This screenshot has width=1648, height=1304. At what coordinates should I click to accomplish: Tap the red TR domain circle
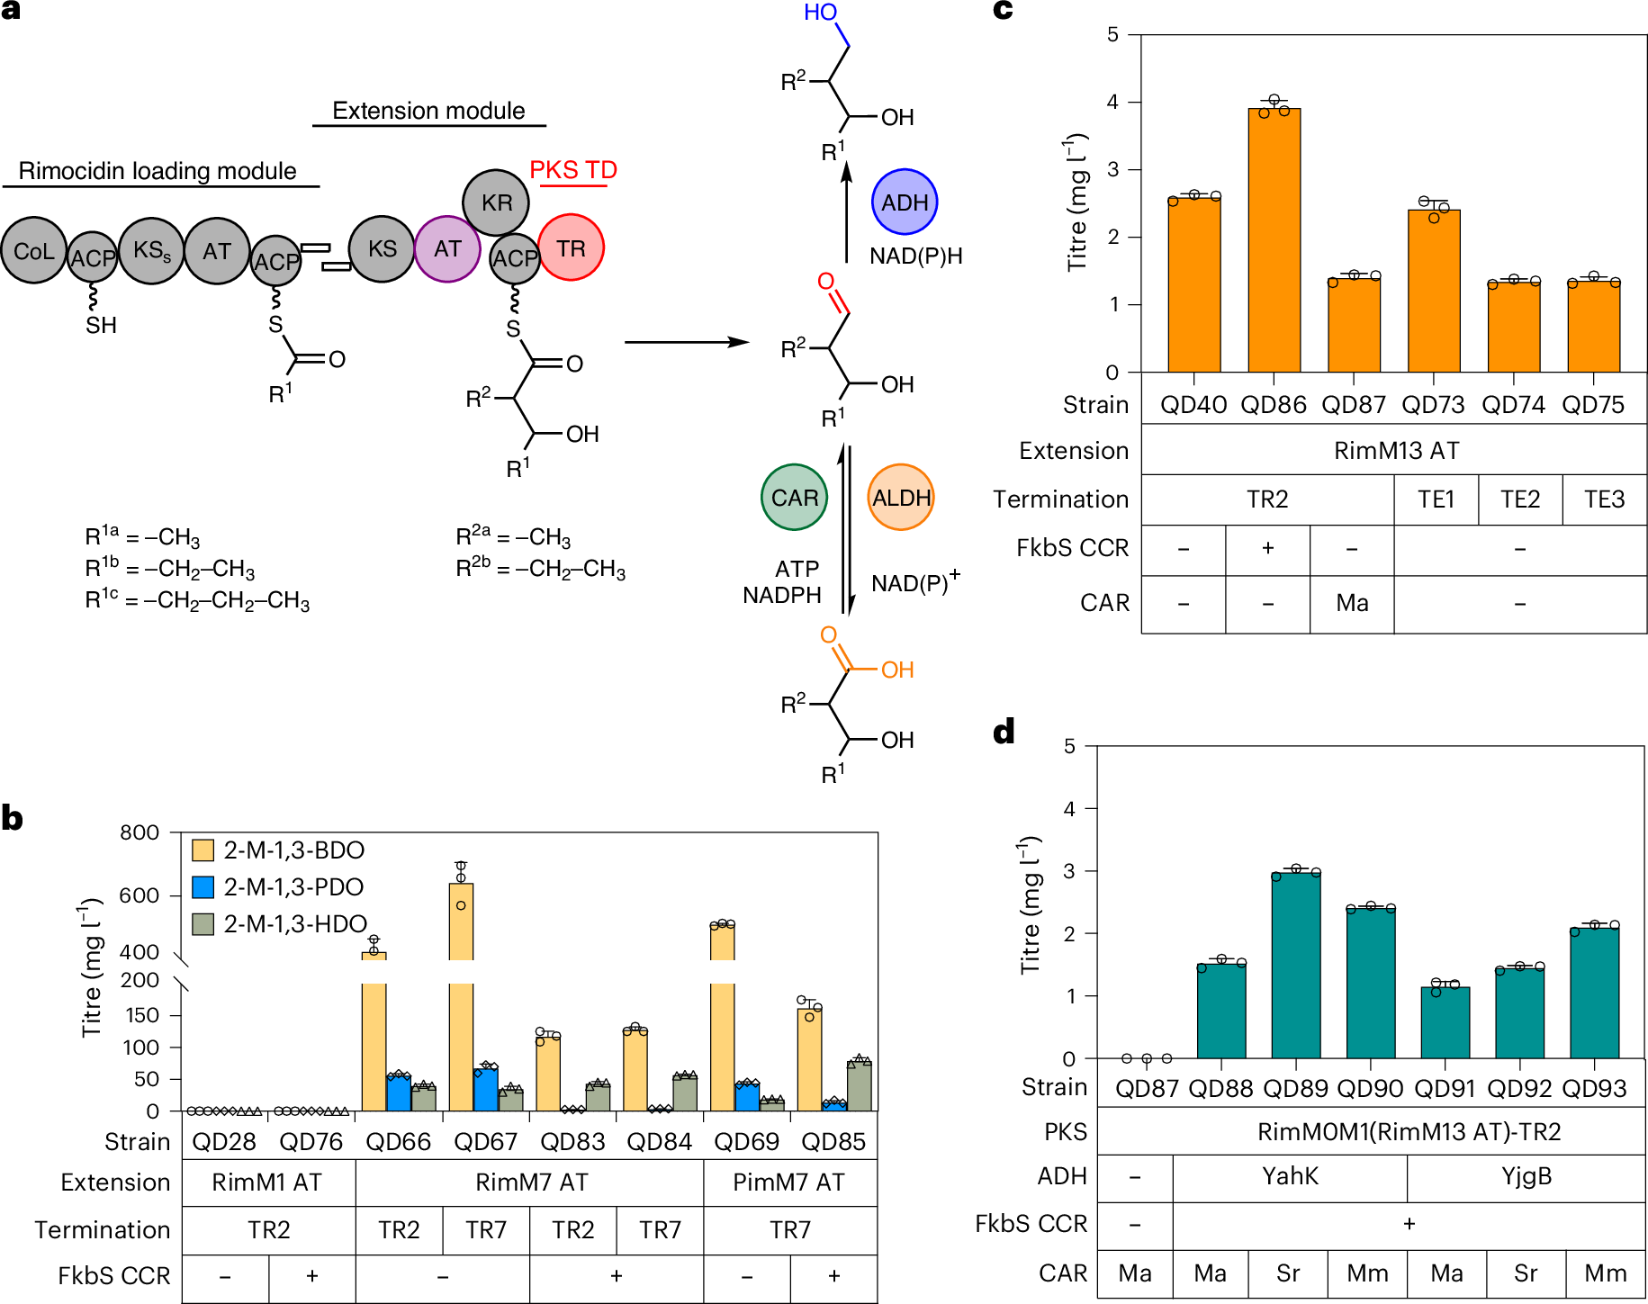pos(571,247)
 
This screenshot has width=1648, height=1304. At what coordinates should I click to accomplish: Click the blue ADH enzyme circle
pos(905,202)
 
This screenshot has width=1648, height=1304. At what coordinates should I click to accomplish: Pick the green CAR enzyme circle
pos(794,498)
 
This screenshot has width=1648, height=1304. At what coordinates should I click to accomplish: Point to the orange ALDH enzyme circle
pos(901,498)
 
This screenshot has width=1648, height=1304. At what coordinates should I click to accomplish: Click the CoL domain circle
pos(34,251)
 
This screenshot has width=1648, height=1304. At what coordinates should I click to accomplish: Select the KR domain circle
pos(496,202)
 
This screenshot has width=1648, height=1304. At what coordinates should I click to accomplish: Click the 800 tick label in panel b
pos(140,832)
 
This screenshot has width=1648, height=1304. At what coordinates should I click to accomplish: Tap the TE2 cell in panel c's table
pos(1520,499)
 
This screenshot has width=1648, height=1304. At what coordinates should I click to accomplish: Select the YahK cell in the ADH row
pos(1290,1176)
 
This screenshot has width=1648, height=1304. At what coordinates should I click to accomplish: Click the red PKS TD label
pos(573,170)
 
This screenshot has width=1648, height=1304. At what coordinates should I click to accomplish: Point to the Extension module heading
pos(428,111)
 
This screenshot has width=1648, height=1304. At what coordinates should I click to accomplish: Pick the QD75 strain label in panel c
pos(1593,405)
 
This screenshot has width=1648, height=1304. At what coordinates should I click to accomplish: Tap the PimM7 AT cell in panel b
pos(789,1183)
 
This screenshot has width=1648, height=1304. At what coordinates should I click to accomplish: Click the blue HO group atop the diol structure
pos(820,13)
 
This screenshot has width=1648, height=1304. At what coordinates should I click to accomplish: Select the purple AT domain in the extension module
pos(447,249)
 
